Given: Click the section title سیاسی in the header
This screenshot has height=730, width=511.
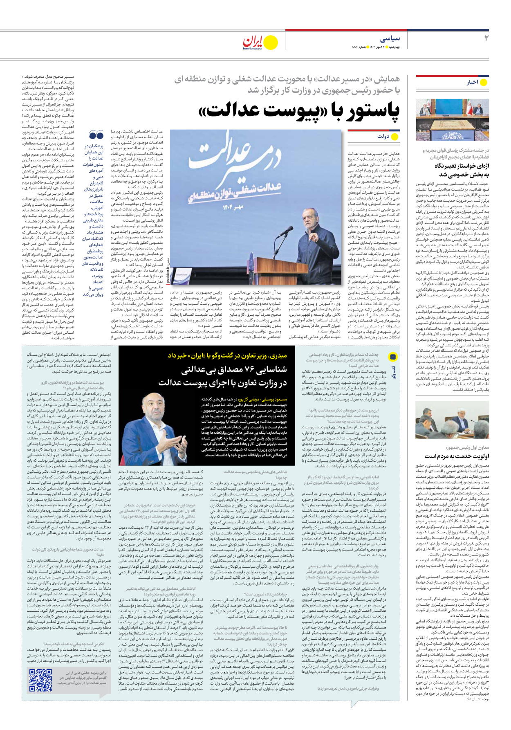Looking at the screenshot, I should [390, 39].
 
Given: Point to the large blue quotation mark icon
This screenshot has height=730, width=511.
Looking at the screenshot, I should [96, 135].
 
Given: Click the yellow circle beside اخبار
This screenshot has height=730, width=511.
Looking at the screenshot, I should [484, 82].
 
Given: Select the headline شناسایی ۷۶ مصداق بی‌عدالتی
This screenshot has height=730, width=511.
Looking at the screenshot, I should [234, 370].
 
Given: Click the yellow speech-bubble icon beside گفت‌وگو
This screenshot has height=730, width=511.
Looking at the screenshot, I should [393, 357].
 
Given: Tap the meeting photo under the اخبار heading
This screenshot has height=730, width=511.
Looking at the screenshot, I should [452, 119].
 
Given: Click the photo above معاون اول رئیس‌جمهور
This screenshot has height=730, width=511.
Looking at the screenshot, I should [452, 420].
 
